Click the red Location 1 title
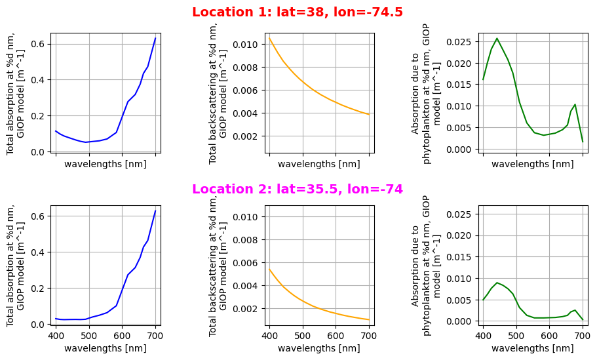pyautogui.click(x=298, y=12)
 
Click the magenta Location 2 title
pyautogui.click(x=298, y=190)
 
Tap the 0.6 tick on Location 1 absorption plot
pyautogui.click(x=38, y=44)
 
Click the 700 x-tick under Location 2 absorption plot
pyautogui.click(x=155, y=336)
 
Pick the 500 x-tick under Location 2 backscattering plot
pyautogui.click(x=303, y=336)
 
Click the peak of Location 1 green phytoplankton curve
pyautogui.click(x=497, y=39)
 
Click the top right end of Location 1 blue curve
pyautogui.click(x=155, y=38)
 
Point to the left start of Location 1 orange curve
pyautogui.click(x=269, y=38)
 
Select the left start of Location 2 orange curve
pyautogui.click(x=269, y=268)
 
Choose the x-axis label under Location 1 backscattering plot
pyautogui.click(x=318, y=165)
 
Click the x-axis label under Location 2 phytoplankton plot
pyautogui.click(x=532, y=348)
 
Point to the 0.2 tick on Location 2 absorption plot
pyautogui.click(x=38, y=288)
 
